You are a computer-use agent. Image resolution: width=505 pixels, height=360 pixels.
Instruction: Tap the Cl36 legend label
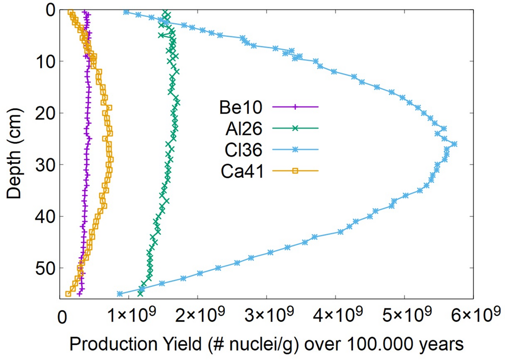pyautogui.click(x=239, y=149)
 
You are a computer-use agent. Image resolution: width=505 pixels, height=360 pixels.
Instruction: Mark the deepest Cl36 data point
pyautogui.click(x=120, y=294)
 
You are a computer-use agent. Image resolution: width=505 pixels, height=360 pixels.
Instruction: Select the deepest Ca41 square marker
pyautogui.click(x=68, y=294)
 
